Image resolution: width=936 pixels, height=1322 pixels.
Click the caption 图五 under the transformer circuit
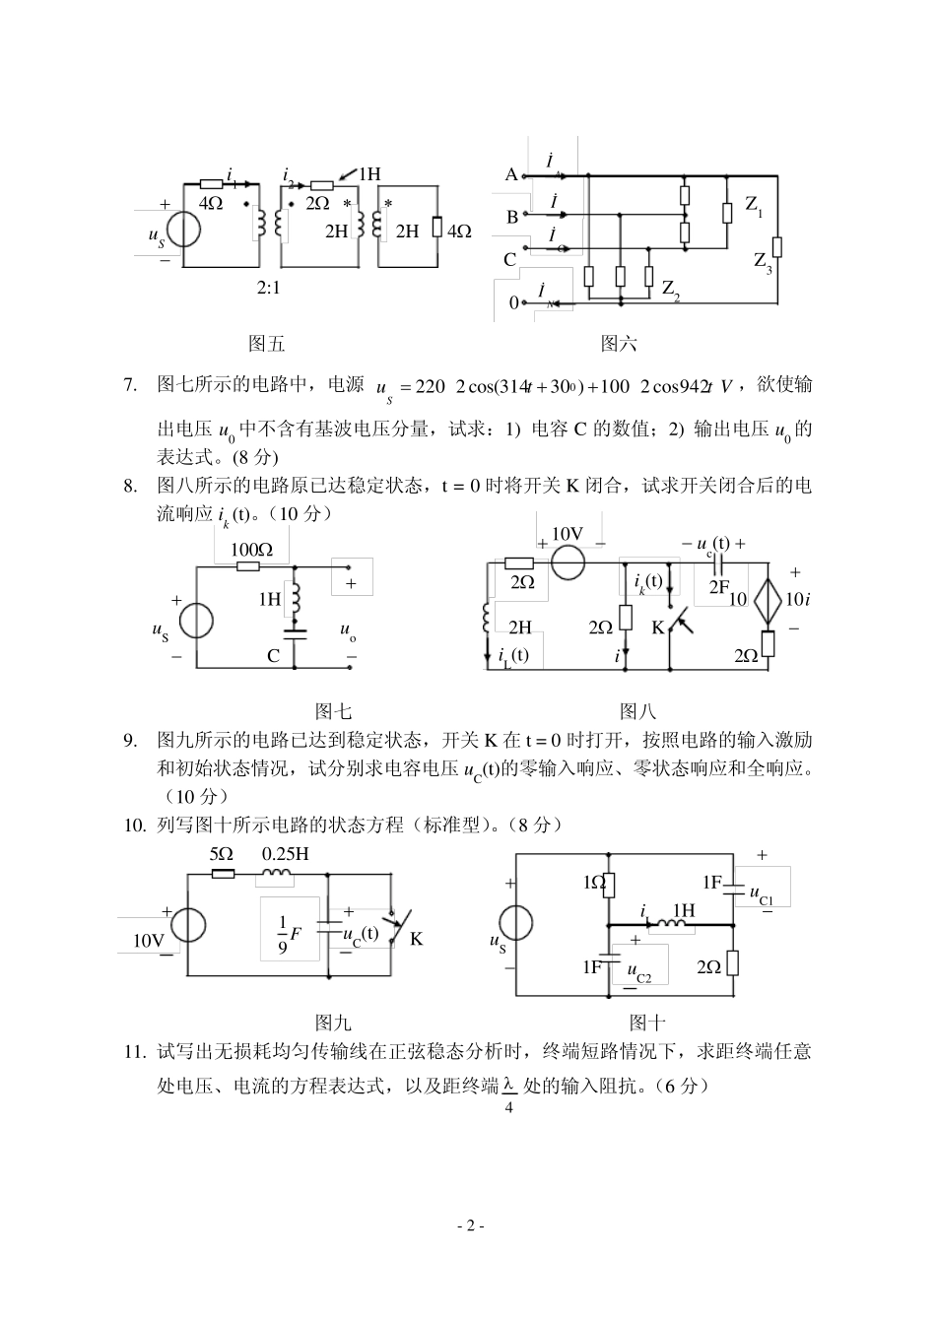click(265, 344)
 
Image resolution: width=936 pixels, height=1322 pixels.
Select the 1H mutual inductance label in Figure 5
click(368, 174)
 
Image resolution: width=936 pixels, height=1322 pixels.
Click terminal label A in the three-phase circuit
click(510, 174)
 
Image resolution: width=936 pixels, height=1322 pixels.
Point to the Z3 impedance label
click(763, 261)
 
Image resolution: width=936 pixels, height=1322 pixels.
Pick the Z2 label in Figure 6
click(671, 290)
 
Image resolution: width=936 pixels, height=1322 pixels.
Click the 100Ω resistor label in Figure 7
click(252, 550)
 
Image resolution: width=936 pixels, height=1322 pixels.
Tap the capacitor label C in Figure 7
click(274, 656)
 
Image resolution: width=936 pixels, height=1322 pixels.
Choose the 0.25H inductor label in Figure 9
click(286, 853)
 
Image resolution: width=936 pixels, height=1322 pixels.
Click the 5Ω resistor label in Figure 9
click(221, 853)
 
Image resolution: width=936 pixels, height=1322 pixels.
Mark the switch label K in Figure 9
click(416, 938)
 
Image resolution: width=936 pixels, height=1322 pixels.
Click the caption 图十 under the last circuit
click(647, 1023)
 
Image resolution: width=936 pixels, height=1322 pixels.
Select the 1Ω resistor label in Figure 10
click(593, 883)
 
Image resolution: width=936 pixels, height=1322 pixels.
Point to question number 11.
click(135, 1052)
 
